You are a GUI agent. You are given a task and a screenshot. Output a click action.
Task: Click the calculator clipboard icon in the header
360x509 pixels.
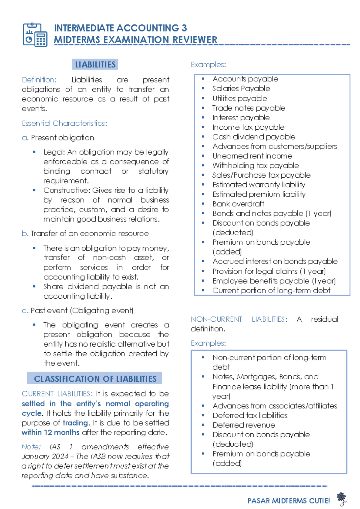click(35, 35)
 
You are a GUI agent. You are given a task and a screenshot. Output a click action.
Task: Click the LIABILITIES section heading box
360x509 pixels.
click(95, 65)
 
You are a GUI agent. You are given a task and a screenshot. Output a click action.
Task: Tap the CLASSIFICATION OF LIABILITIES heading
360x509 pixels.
click(95, 379)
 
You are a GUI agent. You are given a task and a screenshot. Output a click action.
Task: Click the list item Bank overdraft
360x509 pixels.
click(238, 204)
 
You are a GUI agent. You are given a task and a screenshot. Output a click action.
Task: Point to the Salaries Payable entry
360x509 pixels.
click(241, 89)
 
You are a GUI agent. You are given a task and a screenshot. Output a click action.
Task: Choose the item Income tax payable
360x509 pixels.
click(248, 127)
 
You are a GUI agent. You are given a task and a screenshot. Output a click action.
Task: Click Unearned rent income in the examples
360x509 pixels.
click(252, 156)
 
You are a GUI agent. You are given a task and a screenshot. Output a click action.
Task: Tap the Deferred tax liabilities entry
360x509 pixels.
click(250, 416)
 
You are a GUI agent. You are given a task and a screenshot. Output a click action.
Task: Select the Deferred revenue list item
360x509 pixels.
click(244, 425)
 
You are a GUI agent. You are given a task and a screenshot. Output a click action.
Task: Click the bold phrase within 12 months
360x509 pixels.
click(50, 432)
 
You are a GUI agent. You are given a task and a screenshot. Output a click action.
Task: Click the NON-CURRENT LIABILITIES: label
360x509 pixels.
click(239, 319)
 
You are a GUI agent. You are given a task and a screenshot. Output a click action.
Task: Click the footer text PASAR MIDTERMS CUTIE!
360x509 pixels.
click(289, 501)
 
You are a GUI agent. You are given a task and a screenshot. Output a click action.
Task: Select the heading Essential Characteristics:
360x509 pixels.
click(64, 123)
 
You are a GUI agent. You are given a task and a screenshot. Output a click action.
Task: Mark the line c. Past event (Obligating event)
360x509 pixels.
click(77, 311)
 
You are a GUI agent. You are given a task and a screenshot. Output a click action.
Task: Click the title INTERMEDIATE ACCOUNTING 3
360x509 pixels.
click(120, 28)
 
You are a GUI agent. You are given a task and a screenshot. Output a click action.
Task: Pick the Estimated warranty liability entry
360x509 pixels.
click(259, 185)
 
